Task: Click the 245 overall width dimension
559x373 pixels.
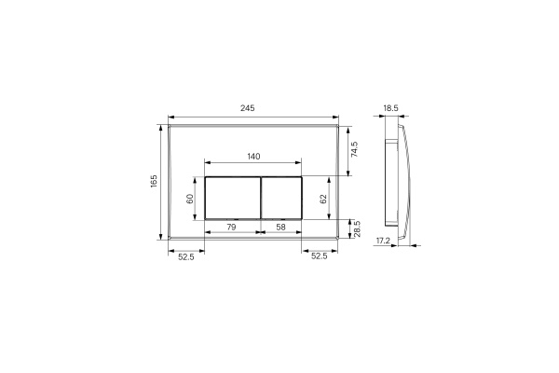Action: (247, 108)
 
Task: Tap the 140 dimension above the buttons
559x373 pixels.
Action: (252, 157)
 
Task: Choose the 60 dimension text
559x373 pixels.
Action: (189, 198)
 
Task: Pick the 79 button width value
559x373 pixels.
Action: (232, 227)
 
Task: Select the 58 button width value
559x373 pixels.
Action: (281, 227)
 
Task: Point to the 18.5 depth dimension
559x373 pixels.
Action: (390, 108)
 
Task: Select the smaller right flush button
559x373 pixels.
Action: (281, 198)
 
